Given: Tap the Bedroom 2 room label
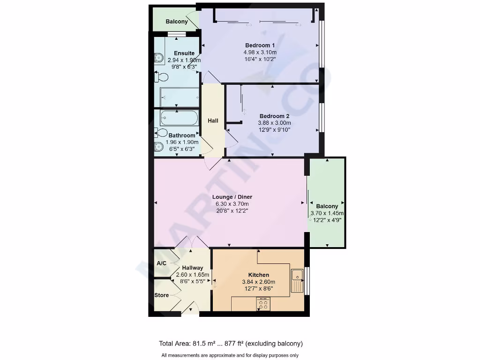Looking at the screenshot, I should [x=274, y=116].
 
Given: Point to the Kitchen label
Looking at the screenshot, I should [x=258, y=275].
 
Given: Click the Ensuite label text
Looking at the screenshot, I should [x=184, y=53].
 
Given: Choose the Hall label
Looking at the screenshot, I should [x=213, y=121].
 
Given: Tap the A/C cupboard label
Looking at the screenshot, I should [x=161, y=263].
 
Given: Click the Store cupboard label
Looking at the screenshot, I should [x=162, y=295].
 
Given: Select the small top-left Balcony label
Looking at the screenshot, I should [x=177, y=22].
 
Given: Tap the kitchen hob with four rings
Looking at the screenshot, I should [x=263, y=304].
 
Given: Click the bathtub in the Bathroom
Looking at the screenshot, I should [x=177, y=118].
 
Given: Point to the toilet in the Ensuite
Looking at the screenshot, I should [x=162, y=77].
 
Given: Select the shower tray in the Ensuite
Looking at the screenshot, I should [x=180, y=97].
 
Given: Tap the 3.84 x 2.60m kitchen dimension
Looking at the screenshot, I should [x=258, y=282].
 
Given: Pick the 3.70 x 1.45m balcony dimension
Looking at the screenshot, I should [x=327, y=213].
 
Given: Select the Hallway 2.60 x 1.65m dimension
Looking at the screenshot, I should [x=192, y=275].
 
